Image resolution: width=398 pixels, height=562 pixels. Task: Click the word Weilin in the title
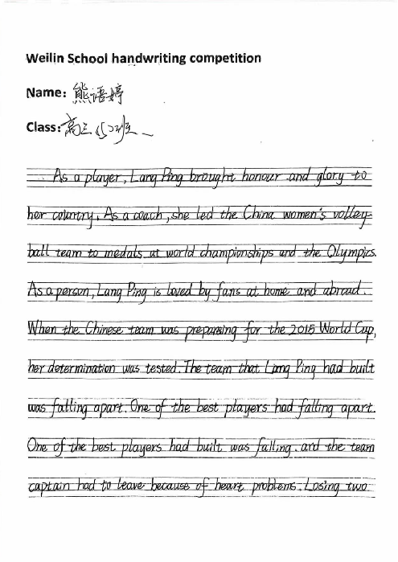[x=43, y=59]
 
